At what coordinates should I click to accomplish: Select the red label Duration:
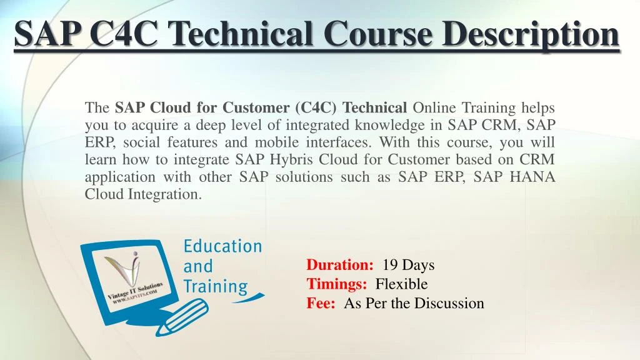click(x=340, y=265)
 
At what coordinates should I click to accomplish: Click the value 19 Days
click(x=408, y=265)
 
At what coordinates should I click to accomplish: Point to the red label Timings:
click(x=337, y=284)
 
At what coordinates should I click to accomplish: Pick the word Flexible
click(x=401, y=284)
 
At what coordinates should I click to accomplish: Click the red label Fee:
click(x=321, y=304)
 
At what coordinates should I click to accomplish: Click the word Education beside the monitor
click(x=222, y=246)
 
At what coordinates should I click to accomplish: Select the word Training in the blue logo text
click(x=215, y=287)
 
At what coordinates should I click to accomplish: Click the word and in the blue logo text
click(x=198, y=266)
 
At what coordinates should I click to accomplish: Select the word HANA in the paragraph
click(x=532, y=177)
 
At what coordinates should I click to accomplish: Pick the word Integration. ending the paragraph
click(x=165, y=194)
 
